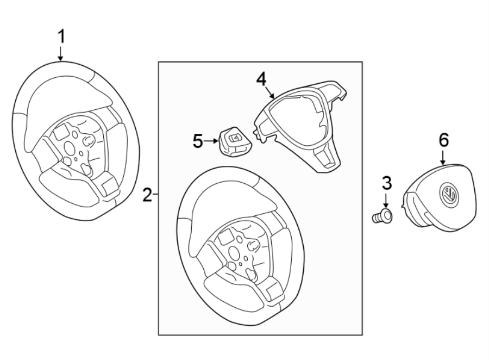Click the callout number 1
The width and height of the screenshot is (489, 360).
click(x=61, y=37)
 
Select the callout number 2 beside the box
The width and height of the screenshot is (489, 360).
click(x=147, y=194)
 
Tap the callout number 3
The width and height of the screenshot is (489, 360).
click(x=386, y=183)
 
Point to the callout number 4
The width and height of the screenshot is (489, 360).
click(x=261, y=79)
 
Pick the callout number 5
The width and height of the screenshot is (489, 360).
click(x=198, y=142)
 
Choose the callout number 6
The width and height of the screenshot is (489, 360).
click(x=444, y=140)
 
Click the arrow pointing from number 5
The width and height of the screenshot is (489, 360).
click(x=212, y=142)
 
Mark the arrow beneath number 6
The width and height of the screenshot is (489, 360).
click(x=444, y=158)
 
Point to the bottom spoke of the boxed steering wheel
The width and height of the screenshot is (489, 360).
click(x=272, y=288)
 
